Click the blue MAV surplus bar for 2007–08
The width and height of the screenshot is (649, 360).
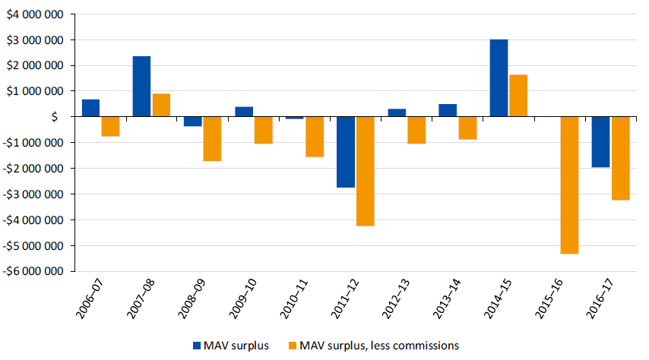(x=141, y=86)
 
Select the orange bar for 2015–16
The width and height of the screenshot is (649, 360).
(x=569, y=185)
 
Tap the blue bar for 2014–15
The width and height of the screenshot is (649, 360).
(x=499, y=77)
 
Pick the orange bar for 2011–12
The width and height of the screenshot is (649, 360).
(x=365, y=171)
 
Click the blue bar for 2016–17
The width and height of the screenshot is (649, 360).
(x=600, y=142)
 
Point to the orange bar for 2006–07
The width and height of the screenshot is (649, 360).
(x=111, y=126)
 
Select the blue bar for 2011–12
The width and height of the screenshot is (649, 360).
(x=345, y=152)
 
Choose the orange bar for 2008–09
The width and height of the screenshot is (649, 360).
(x=212, y=139)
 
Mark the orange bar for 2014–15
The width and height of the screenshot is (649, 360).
(x=518, y=96)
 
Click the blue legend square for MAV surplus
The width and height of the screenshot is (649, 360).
(x=197, y=346)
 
